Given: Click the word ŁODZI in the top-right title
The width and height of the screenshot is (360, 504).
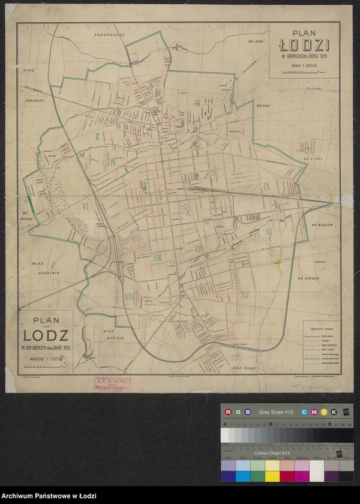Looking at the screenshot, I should point(304,45).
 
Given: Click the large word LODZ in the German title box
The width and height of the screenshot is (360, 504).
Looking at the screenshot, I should point(46,335).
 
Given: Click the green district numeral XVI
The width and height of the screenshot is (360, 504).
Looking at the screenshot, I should point(179,336).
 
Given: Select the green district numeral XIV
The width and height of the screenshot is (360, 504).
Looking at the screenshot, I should point(128,296).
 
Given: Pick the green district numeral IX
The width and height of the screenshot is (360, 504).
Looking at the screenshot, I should point(266,187).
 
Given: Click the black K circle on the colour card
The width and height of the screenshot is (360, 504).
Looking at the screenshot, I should point(333,412).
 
